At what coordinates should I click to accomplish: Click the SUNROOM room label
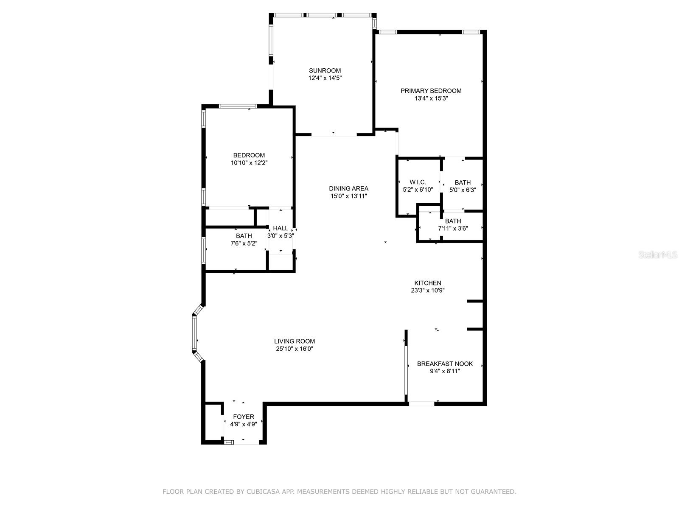pos(325,70)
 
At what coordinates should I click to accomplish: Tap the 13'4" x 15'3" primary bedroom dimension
pos(431,98)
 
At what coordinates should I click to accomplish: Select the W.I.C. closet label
pos(418,182)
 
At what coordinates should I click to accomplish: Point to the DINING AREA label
pos(348,188)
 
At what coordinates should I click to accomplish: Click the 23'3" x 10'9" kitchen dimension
pos(428,291)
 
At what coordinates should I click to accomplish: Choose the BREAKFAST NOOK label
pos(445,364)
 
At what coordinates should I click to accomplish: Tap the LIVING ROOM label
pos(294,341)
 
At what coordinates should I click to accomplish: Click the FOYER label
pos(244,417)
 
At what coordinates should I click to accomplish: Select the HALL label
pos(281,228)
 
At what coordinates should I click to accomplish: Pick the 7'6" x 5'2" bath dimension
pos(244,243)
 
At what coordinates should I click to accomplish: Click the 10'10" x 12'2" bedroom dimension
pos(249,163)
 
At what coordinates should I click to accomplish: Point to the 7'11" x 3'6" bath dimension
pos(453,229)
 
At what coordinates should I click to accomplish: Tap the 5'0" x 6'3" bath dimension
pos(463,190)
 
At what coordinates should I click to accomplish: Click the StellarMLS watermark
pos(658,255)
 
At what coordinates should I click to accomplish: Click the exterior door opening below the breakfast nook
pos(421,403)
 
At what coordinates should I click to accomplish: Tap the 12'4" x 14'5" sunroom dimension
pos(325,78)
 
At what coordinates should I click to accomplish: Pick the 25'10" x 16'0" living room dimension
pos(294,349)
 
